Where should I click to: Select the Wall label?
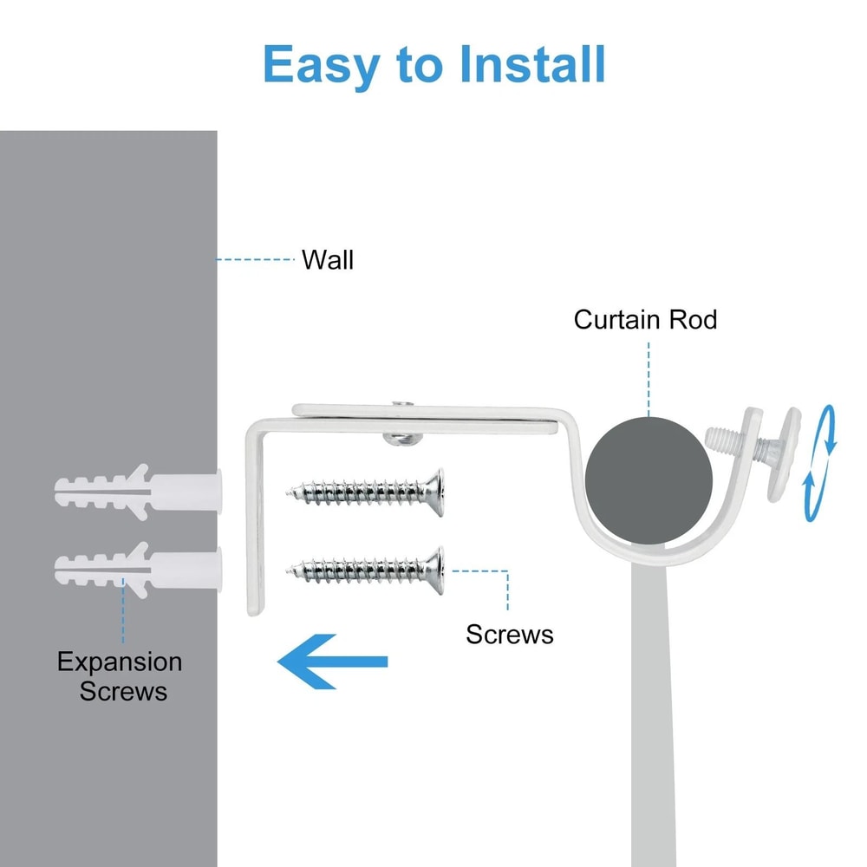point(327,260)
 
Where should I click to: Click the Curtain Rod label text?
point(645,320)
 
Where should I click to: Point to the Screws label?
point(510,634)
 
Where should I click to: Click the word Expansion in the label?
point(120,662)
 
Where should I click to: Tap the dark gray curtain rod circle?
point(648,481)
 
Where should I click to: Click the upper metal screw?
point(364,492)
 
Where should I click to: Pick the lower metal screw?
point(364,568)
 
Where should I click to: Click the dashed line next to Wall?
point(255,259)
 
